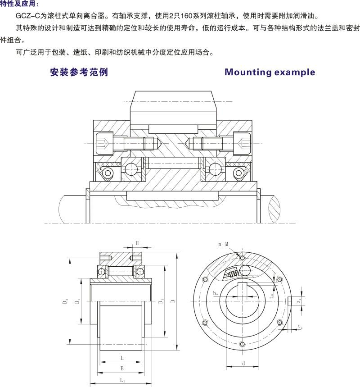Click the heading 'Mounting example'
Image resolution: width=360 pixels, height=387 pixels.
[x=270, y=73]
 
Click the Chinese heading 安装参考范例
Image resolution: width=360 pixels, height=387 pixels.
[x=79, y=73]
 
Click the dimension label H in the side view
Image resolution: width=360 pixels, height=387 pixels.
[x=137, y=243]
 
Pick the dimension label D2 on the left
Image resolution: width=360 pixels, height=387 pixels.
[x=67, y=301]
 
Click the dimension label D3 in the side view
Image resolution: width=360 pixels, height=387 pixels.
[x=161, y=301]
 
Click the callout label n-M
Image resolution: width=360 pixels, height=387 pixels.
[x=223, y=244]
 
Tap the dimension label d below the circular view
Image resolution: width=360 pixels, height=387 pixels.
[x=243, y=363]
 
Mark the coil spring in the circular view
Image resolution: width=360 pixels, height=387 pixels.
[x=233, y=273]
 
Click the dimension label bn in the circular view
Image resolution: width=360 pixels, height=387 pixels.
[x=216, y=293]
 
